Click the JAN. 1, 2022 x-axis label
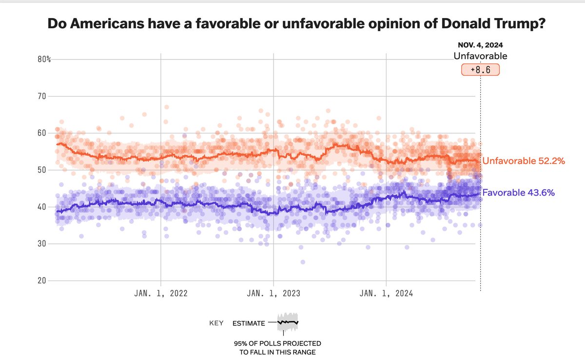coord(161,294)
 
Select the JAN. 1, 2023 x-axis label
coord(273,294)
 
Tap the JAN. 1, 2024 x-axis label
coord(386,294)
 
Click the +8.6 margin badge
coord(480,70)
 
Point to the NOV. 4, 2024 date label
coord(480,45)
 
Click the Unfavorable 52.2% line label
coord(523,161)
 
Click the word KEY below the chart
coord(216,323)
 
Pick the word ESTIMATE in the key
coord(249,323)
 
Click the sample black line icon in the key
coord(288,322)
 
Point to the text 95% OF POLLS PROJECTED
coord(277,344)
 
